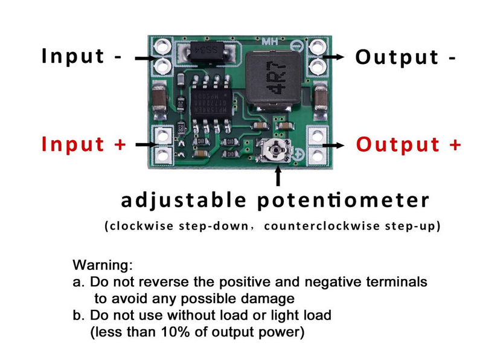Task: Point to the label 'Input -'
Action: [82, 56]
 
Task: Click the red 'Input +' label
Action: [84, 144]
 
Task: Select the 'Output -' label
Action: [405, 57]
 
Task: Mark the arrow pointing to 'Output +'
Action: [334, 146]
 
